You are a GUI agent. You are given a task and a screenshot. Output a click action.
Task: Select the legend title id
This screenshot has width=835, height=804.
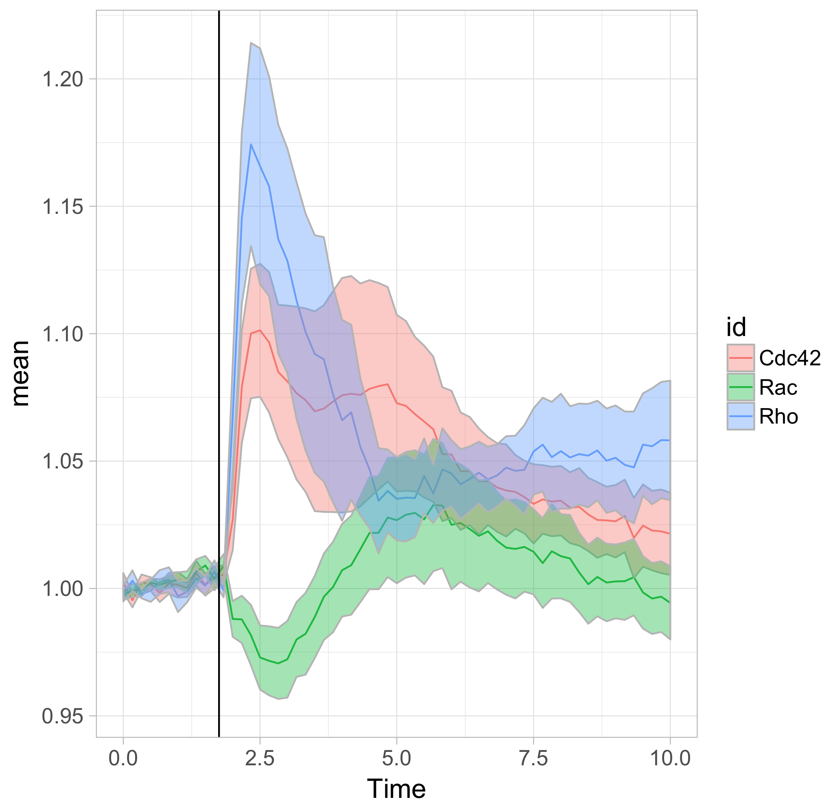(736, 327)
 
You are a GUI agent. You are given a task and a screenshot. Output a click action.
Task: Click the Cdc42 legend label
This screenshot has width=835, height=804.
(790, 358)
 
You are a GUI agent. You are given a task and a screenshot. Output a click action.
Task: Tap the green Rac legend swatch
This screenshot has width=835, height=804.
(741, 387)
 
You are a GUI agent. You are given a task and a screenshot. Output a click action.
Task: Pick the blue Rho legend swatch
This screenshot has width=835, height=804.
(741, 416)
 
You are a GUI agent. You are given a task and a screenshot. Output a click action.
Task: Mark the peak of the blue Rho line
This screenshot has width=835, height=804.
(251, 144)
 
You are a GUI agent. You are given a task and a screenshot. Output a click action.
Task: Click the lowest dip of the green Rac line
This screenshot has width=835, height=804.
(278, 663)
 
